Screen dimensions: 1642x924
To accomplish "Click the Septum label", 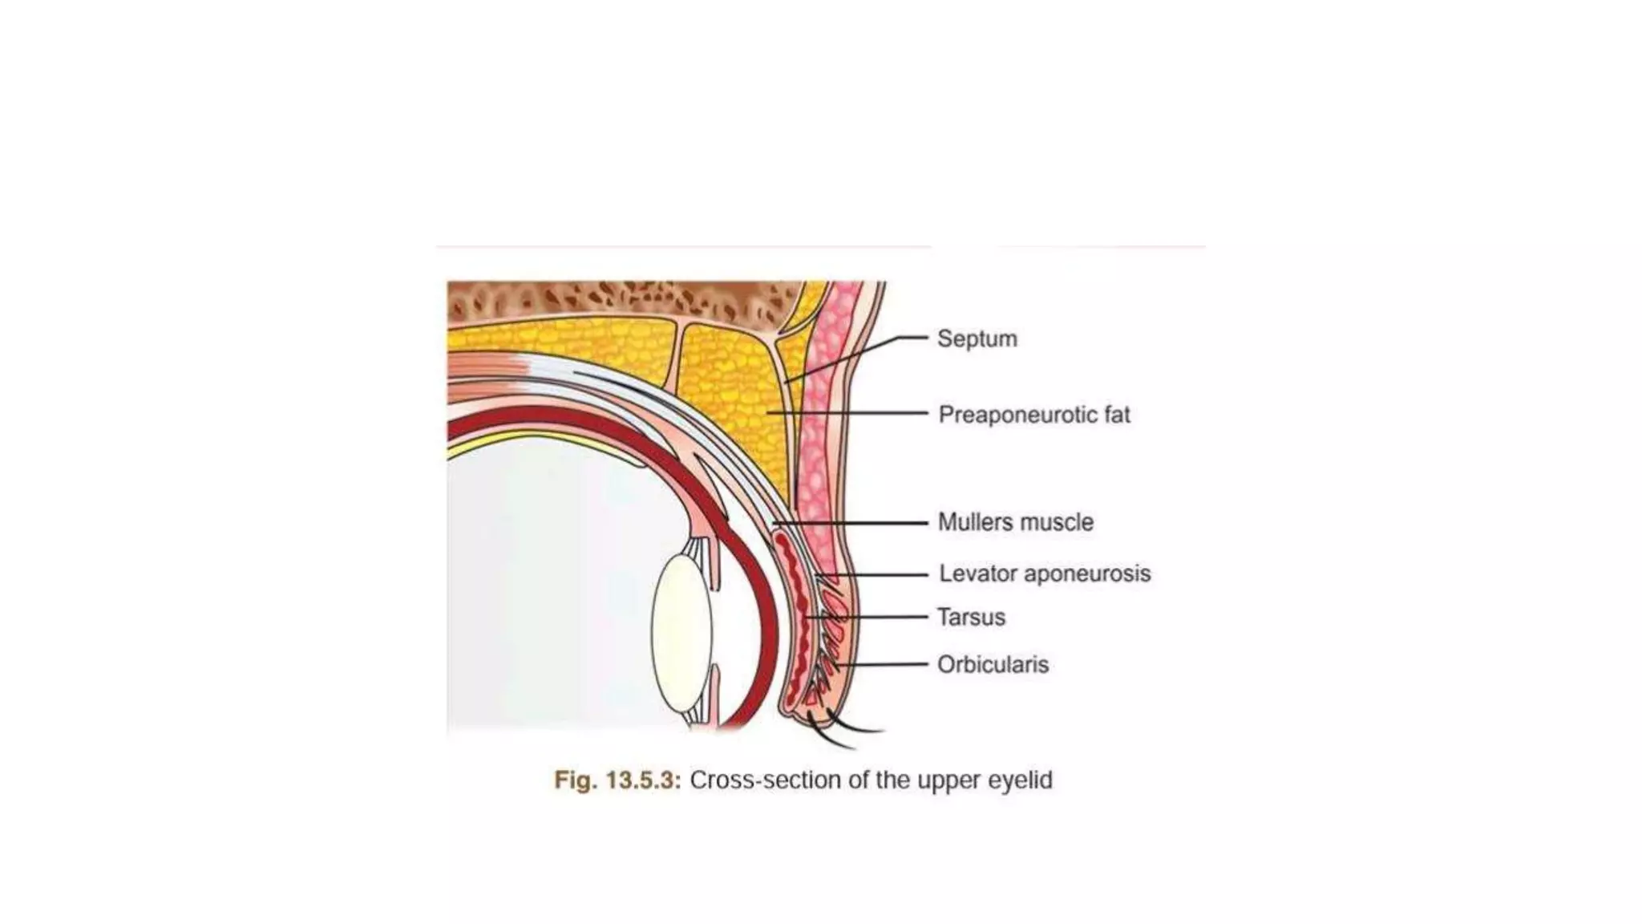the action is click(977, 338).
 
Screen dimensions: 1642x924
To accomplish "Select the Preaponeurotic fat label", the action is click(1033, 415).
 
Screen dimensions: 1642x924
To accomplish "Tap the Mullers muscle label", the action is click(1015, 522).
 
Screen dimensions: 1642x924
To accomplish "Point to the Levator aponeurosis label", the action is click(1044, 573).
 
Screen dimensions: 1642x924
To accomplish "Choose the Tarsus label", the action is click(971, 617).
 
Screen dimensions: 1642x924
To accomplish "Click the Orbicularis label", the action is click(993, 664).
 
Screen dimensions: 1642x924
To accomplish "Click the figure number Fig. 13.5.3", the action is click(617, 780).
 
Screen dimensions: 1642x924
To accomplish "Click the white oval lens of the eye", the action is click(681, 634).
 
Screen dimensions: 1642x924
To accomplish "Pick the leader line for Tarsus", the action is click(874, 617).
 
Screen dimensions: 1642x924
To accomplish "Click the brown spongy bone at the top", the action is click(609, 302).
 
